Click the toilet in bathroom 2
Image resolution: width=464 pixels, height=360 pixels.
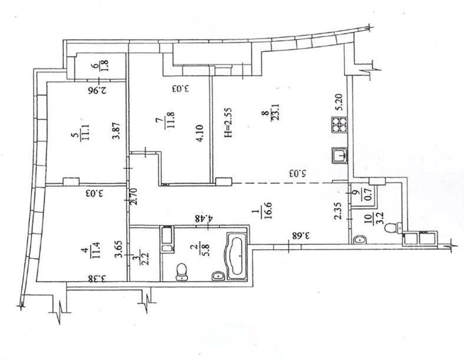[181, 272]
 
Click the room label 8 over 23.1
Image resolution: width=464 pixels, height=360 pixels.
[269, 113]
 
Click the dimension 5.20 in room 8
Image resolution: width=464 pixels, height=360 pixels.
[339, 102]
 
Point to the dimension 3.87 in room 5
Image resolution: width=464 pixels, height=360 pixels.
[117, 131]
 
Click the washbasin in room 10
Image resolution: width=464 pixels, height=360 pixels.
[360, 240]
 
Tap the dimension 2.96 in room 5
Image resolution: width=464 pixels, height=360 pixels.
[97, 90]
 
